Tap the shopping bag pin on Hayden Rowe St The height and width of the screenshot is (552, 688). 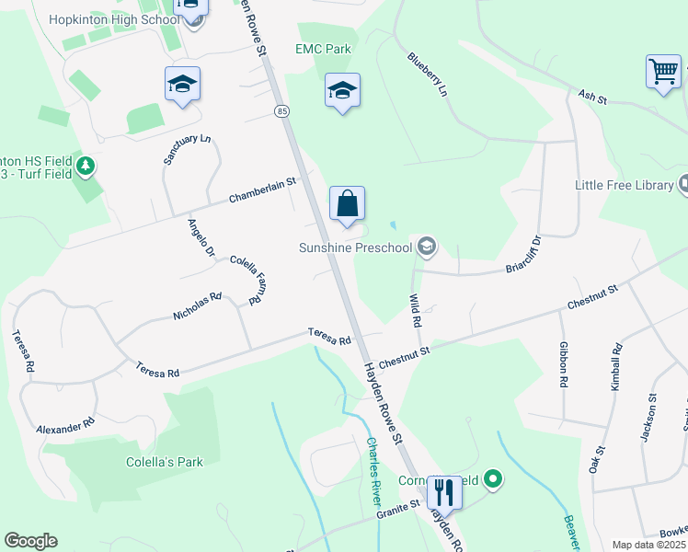[x=347, y=204]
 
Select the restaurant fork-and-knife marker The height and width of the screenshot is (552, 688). [x=444, y=492]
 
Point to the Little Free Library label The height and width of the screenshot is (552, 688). [x=624, y=185]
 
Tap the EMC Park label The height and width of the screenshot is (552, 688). [x=322, y=48]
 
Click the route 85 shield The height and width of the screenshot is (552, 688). [x=281, y=111]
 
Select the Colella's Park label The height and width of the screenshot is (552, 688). [x=165, y=462]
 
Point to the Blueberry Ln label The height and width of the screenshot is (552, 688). [x=427, y=75]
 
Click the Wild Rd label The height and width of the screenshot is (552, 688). [x=415, y=311]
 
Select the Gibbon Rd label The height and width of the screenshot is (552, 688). [x=564, y=364]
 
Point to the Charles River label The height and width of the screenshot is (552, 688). [x=374, y=467]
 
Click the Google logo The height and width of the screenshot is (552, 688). [x=30, y=541]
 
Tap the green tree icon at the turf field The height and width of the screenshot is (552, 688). [x=86, y=166]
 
